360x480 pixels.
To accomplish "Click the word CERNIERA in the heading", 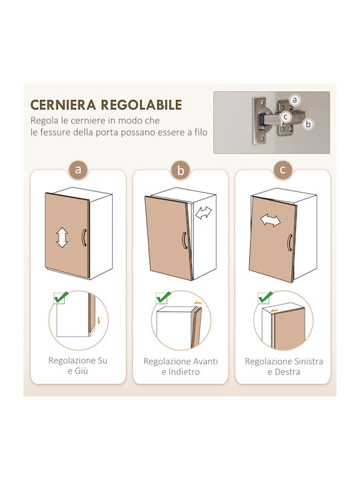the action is click(x=63, y=105).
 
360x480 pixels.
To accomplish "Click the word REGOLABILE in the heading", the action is click(x=141, y=105).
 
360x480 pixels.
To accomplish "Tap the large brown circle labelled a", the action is click(x=78, y=169).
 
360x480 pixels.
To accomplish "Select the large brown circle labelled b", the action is click(x=181, y=170).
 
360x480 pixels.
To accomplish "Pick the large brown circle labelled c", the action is click(x=283, y=169).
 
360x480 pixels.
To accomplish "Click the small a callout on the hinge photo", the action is click(x=295, y=100).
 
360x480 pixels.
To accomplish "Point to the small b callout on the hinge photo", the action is click(x=308, y=124).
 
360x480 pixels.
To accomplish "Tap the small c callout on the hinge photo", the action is click(x=285, y=117).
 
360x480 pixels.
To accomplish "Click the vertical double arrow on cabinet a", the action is click(x=62, y=237).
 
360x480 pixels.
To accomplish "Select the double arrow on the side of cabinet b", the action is click(x=203, y=213).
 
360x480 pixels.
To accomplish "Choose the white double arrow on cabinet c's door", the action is click(x=270, y=221).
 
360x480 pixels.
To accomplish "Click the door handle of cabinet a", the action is click(x=84, y=237).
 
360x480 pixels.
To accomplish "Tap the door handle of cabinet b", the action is click(x=184, y=240).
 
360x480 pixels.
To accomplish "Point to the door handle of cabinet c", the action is click(x=289, y=243).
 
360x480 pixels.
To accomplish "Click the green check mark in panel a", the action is click(x=61, y=297).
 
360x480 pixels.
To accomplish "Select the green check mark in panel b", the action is click(x=163, y=297).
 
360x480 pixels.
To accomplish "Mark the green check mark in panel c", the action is click(x=265, y=297).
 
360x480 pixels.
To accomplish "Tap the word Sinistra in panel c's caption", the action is click(x=308, y=361).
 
